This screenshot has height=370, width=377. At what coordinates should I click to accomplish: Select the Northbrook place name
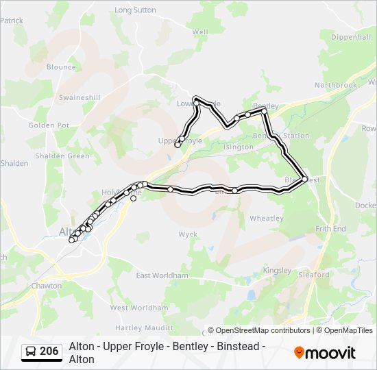(x=336, y=85)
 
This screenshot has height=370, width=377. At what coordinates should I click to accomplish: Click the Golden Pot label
(x=49, y=126)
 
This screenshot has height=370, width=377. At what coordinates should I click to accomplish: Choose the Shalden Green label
(x=64, y=156)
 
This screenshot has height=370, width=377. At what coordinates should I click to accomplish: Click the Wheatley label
(x=266, y=219)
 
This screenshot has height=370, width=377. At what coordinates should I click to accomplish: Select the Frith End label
(x=330, y=228)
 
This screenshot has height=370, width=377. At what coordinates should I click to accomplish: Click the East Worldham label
(x=162, y=275)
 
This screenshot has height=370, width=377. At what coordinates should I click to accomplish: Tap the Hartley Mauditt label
(x=145, y=328)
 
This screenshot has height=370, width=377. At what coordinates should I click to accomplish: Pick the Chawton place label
(x=46, y=286)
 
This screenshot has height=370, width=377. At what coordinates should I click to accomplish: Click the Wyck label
(x=188, y=234)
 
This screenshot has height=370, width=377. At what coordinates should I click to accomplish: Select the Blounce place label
(x=61, y=67)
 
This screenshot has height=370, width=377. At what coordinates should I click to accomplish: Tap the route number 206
(x=49, y=351)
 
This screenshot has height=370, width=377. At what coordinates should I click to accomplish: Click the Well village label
(x=200, y=32)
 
